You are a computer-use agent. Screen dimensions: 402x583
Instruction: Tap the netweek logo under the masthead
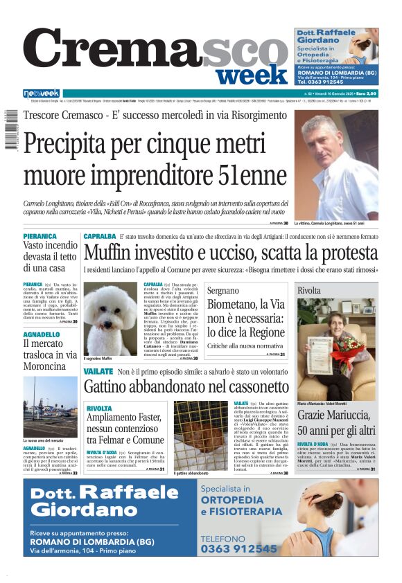pos(42,93)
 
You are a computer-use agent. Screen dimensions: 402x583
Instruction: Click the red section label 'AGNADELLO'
pos(42,334)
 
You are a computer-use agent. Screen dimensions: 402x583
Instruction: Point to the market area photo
pos(50,406)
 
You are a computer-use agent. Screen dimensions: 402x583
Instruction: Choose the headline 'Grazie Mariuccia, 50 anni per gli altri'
pos(335,424)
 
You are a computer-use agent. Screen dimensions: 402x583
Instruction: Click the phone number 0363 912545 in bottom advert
pos(238,548)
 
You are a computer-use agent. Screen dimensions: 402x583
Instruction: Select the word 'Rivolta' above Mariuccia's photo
pos(309,291)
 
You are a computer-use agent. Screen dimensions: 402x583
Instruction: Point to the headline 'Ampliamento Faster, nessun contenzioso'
pos(125,424)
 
